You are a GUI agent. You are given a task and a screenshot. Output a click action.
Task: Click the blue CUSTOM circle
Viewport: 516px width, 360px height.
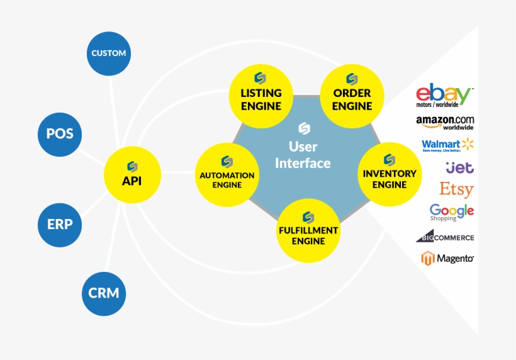pyautogui.click(x=109, y=53)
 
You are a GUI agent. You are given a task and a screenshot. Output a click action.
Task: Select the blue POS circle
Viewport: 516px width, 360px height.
pyautogui.click(x=60, y=133)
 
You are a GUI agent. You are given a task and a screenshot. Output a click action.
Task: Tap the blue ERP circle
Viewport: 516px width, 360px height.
pyautogui.click(x=60, y=224)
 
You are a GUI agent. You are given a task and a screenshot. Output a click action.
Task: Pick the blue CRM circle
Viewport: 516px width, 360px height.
pyautogui.click(x=104, y=293)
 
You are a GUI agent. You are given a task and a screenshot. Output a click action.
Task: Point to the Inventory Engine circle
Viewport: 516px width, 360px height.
pyautogui.click(x=389, y=173)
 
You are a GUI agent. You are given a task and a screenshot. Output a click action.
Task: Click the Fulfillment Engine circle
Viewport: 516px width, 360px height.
pyautogui.click(x=308, y=230)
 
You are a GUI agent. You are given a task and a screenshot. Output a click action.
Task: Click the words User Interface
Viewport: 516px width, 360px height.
pyautogui.click(x=303, y=155)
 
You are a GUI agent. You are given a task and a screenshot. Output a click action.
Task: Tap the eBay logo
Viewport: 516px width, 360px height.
pyautogui.click(x=444, y=97)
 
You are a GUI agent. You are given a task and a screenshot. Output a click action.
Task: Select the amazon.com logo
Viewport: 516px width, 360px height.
pyautogui.click(x=445, y=122)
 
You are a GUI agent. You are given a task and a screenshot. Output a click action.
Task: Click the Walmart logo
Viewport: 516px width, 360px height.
pyautogui.click(x=447, y=145)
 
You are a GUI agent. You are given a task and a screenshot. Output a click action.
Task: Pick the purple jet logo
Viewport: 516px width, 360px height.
pyautogui.click(x=459, y=167)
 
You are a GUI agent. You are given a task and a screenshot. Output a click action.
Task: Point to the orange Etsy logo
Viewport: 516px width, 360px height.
pyautogui.click(x=456, y=189)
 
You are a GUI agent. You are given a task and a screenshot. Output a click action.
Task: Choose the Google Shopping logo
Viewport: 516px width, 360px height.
pyautogui.click(x=451, y=212)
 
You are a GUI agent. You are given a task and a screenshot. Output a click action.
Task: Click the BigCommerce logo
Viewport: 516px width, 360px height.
pyautogui.click(x=444, y=237)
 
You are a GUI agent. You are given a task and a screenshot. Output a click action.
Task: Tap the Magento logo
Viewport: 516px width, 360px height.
pyautogui.click(x=447, y=258)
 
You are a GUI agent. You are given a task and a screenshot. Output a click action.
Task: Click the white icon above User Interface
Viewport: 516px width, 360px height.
pyautogui.click(x=304, y=128)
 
